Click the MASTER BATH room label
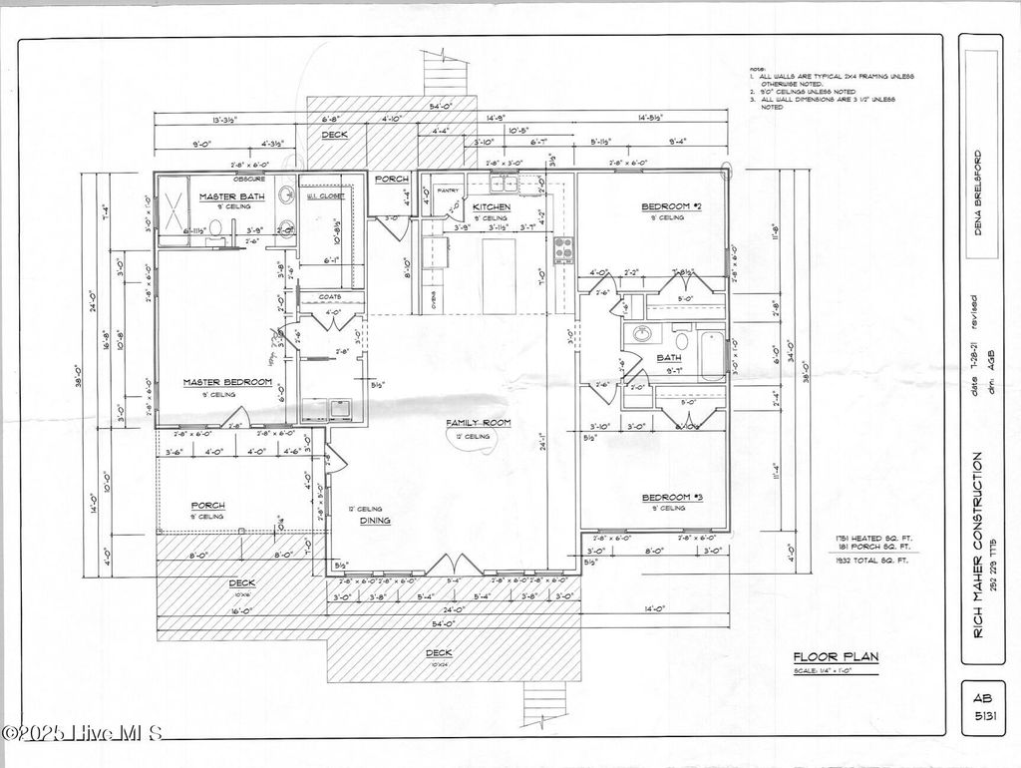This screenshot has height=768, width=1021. click(231, 196)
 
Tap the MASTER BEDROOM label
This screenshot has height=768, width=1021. click(227, 382)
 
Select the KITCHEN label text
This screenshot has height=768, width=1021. click(492, 206)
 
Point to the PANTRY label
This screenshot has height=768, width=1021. click(447, 190)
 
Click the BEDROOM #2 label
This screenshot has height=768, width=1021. click(672, 206)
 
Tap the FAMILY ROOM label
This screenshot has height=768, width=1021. click(478, 423)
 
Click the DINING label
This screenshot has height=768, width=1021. click(375, 520)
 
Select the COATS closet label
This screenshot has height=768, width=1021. click(330, 296)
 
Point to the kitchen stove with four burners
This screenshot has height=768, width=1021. click(563, 248)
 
